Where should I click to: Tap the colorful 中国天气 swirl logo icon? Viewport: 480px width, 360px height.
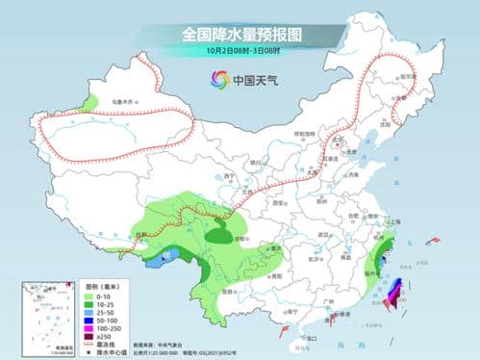[x=221, y=80]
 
